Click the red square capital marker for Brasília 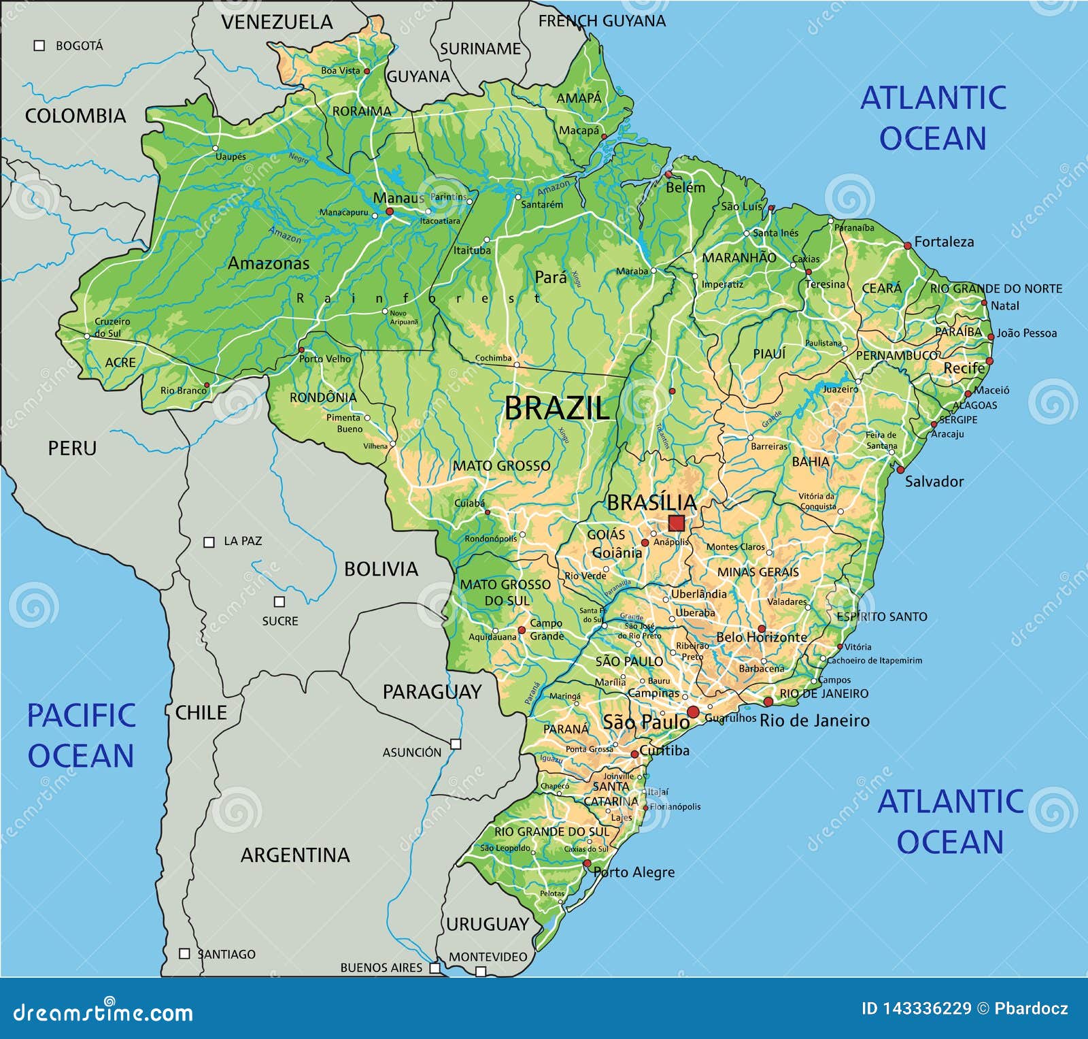click(676, 523)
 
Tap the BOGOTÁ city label click(80, 46)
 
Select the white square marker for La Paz click(209, 542)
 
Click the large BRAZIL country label click(557, 408)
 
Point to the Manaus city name click(398, 198)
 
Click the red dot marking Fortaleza click(907, 246)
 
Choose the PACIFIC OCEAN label click(81, 736)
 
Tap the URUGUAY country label click(487, 924)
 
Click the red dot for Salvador click(900, 469)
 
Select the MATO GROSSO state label click(502, 466)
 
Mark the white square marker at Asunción click(456, 744)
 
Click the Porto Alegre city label click(635, 872)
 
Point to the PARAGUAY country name click(432, 692)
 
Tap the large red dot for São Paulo click(693, 712)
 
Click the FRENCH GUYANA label click(602, 21)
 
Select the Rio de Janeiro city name click(814, 721)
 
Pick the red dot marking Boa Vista click(367, 71)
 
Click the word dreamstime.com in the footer click(103, 1012)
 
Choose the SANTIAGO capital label click(226, 955)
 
